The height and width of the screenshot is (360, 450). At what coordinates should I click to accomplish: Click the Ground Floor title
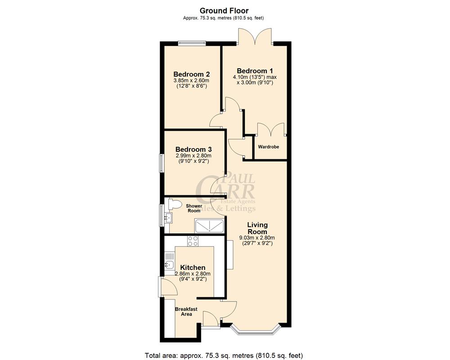click(x=224, y=10)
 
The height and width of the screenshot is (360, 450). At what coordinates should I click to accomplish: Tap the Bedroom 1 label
click(x=255, y=71)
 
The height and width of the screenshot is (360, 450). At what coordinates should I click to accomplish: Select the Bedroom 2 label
click(x=192, y=74)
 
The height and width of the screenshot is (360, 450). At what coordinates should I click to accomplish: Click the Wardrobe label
click(x=268, y=147)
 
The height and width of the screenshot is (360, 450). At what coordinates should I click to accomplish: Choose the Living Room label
click(x=257, y=228)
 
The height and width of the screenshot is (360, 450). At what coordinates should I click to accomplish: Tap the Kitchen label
click(x=193, y=267)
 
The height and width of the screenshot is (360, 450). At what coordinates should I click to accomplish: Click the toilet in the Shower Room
click(x=173, y=205)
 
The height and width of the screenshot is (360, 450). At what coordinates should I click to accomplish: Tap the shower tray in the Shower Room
click(x=208, y=225)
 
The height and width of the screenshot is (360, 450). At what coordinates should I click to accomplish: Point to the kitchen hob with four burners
click(x=193, y=241)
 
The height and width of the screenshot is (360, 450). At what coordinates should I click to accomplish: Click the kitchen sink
click(x=170, y=265)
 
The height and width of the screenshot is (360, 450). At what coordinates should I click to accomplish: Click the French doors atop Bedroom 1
click(x=255, y=38)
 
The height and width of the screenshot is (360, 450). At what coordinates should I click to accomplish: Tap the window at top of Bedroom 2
click(x=192, y=43)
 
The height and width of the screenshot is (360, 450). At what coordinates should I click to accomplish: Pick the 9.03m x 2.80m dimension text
click(x=256, y=238)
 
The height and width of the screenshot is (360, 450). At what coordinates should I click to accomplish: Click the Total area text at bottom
click(x=226, y=354)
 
